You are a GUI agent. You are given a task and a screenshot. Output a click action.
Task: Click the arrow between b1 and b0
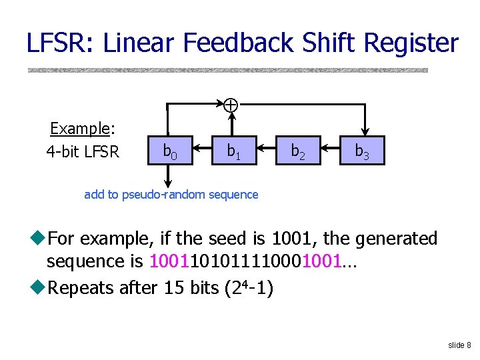[x=202, y=147]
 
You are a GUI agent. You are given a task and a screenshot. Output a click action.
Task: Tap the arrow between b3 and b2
[x=330, y=147]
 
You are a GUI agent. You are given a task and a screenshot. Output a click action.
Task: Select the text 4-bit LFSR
[x=82, y=151]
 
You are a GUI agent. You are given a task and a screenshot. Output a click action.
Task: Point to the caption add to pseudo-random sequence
[x=171, y=195]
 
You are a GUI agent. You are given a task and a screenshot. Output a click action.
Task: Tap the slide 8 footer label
[x=459, y=345]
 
